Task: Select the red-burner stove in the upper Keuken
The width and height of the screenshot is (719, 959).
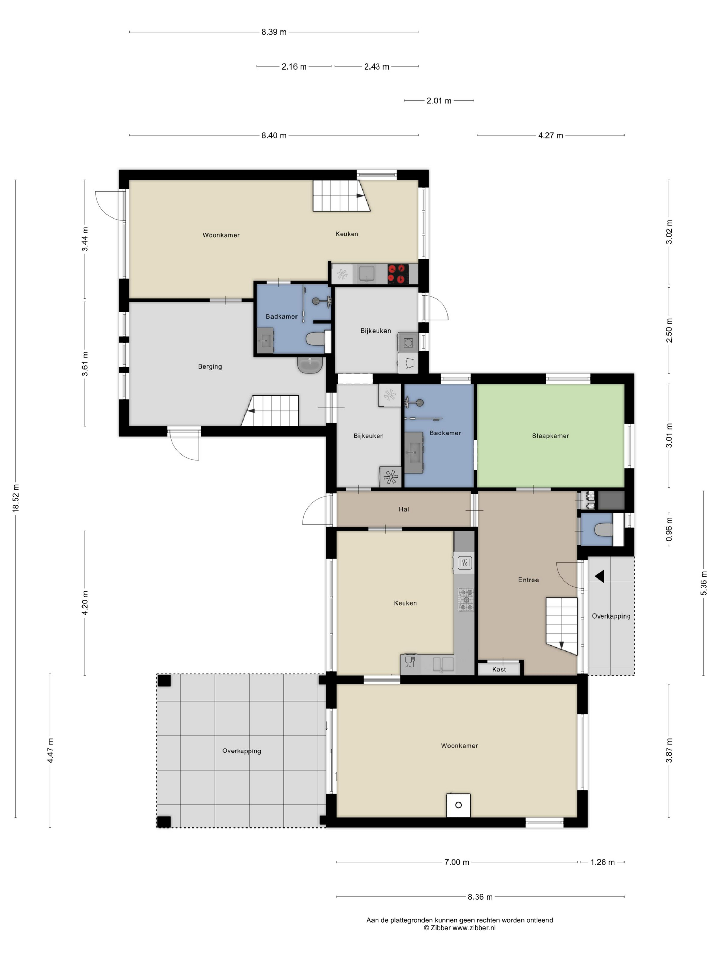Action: point(398,274)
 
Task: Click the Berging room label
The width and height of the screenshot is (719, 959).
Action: point(210,366)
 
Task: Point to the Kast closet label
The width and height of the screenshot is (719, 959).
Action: point(499,669)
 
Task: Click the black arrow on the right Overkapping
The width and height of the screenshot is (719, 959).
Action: point(600,576)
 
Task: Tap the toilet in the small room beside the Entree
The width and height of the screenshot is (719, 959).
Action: point(604,530)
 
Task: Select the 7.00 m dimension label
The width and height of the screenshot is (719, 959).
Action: point(457,862)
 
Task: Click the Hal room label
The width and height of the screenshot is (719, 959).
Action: point(403,509)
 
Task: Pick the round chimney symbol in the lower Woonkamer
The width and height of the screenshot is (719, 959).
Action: point(458,805)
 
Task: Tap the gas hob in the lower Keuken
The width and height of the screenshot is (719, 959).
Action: point(466,600)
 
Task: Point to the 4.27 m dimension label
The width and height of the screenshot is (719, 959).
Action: point(551,135)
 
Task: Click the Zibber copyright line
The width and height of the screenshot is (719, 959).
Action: point(459,928)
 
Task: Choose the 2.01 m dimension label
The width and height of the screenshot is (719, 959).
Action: point(439,101)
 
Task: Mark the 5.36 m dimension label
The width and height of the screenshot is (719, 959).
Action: point(703,583)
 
